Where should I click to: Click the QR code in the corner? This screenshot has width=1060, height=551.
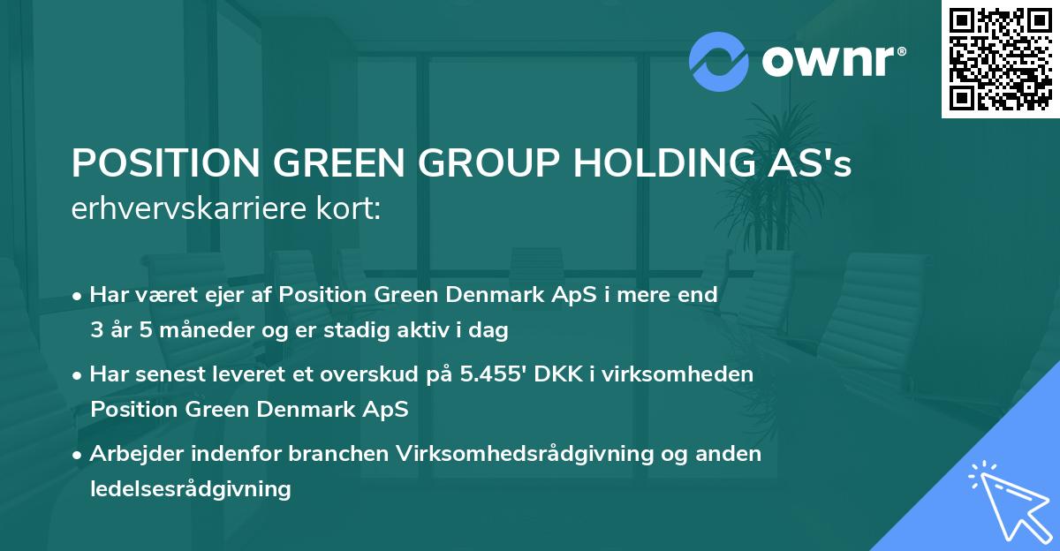[x=1000, y=59]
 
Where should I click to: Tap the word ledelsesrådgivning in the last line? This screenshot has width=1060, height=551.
[x=190, y=488]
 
